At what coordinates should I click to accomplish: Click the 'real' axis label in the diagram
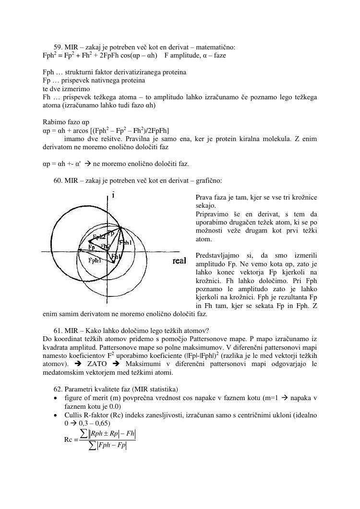(179, 261)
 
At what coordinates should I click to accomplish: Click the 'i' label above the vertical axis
(113, 195)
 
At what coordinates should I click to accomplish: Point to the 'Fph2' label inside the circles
(99, 237)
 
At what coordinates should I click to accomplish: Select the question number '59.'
(59, 47)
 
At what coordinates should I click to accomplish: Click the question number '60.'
(59, 181)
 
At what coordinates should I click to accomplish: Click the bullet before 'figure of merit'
(57, 398)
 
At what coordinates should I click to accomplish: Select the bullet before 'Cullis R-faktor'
(57, 415)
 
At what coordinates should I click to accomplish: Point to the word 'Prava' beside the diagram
(204, 197)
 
